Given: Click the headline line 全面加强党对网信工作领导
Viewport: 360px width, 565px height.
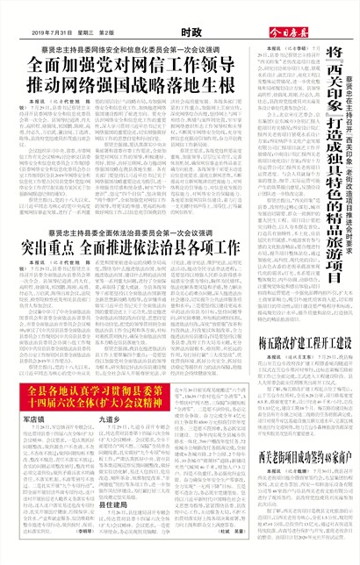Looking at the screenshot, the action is point(131,65).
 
